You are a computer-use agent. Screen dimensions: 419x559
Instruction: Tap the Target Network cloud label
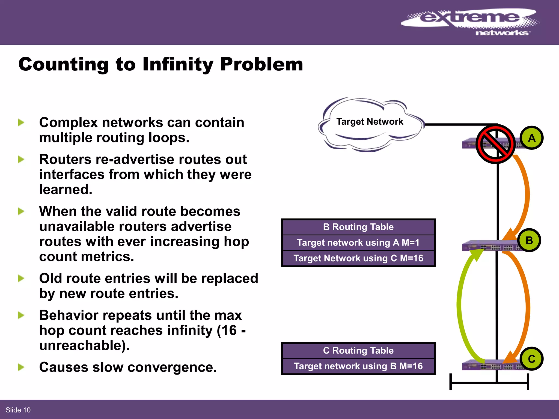coord(370,122)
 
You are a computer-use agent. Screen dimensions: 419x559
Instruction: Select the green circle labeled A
coord(531,138)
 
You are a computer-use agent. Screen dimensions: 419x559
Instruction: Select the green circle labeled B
coord(529,240)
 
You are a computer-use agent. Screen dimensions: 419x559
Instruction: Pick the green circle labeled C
coord(531,359)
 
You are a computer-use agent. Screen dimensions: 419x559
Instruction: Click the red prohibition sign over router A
coord(495,144)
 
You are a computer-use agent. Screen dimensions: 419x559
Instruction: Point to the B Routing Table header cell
coord(358,227)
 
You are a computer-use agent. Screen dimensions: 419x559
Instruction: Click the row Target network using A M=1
coord(358,243)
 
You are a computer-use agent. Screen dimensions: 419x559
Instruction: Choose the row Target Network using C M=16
coord(358,258)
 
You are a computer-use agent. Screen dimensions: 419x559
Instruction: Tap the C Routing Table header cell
coord(358,351)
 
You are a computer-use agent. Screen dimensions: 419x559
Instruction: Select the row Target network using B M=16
coord(358,366)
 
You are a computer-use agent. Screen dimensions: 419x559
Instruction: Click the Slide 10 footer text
coord(18,410)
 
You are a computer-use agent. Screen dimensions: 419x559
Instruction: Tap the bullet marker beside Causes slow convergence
coord(21,367)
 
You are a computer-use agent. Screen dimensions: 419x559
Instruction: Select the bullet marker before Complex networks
coord(21,122)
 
